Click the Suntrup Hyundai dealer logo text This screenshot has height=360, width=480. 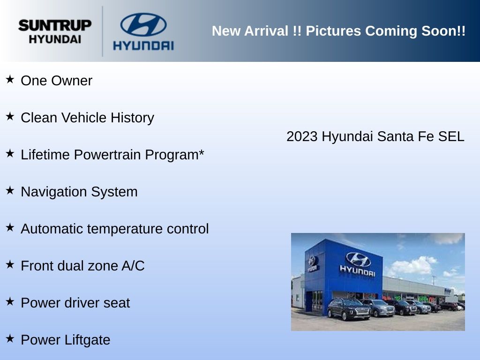[x=55, y=32]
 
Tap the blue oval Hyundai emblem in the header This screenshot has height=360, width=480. [x=143, y=24]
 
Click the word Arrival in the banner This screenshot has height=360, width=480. [x=266, y=31]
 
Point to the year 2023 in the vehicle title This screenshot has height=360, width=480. [x=302, y=136]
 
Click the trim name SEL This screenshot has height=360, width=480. [x=451, y=136]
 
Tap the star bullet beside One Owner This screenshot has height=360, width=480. [x=10, y=79]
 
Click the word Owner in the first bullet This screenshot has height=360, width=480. [x=72, y=81]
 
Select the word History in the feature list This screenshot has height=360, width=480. [x=132, y=118]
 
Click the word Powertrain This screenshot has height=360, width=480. [x=109, y=155]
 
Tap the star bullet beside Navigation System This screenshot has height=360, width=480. [x=10, y=190]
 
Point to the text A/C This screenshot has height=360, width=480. [x=133, y=266]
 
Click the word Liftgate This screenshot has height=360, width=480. [x=88, y=340]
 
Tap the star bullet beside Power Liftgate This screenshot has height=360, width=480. [x=10, y=338]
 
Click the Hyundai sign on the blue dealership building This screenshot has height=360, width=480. [x=358, y=264]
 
